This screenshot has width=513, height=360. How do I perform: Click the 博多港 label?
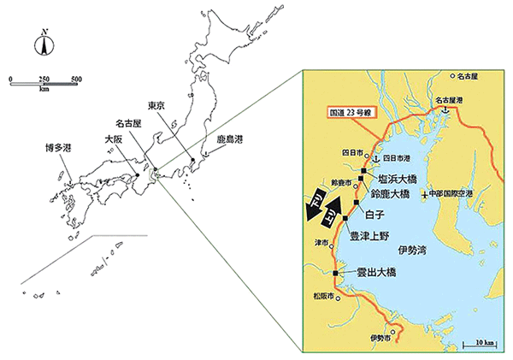pos(59,147)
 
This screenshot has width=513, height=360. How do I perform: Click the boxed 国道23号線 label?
pos(357,113)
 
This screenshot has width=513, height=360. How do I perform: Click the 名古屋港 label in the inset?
pos(451,100)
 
